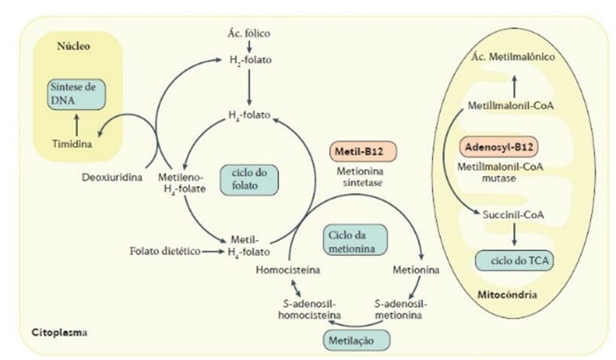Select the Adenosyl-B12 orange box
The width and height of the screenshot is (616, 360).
pos(496,147)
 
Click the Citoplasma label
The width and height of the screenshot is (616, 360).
pos(59,333)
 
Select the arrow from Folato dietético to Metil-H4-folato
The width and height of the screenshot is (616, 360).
pos(211,252)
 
